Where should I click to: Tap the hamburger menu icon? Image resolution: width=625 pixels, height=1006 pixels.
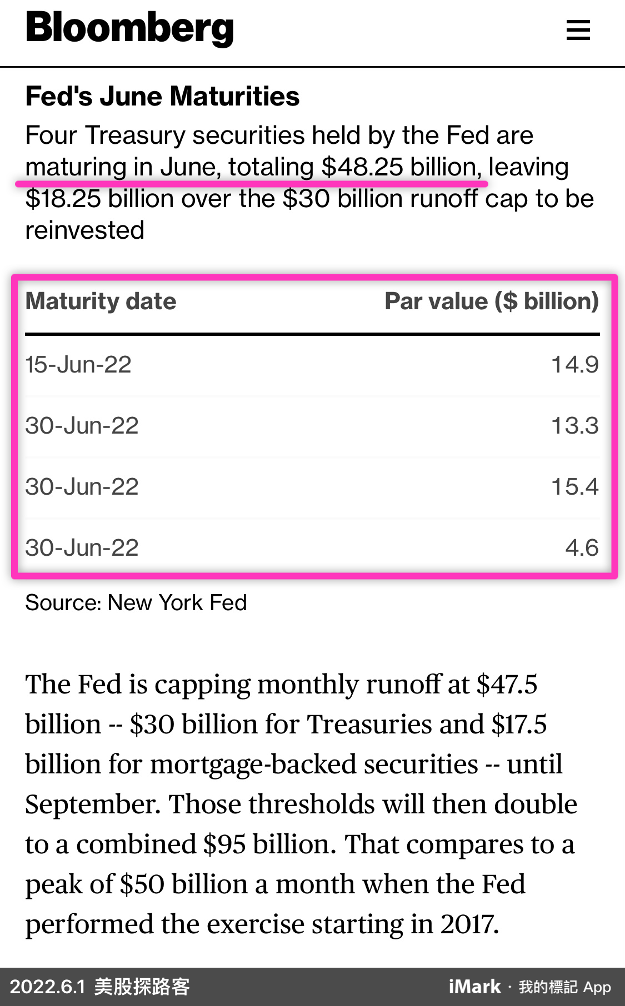point(578,30)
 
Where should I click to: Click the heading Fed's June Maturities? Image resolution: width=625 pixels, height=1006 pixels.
point(162,96)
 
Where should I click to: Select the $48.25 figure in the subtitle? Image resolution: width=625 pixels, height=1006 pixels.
point(362,167)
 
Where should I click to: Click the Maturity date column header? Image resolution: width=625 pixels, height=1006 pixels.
point(101,301)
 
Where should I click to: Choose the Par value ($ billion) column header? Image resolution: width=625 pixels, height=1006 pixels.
point(491,301)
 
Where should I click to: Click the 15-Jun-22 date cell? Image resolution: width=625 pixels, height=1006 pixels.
point(78,365)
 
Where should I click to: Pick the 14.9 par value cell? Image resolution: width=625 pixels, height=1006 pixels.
point(574,365)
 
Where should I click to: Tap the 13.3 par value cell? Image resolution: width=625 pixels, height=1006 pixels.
point(574,426)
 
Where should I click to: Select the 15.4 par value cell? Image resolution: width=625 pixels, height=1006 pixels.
point(574,487)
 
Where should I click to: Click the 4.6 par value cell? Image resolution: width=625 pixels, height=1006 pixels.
point(582,548)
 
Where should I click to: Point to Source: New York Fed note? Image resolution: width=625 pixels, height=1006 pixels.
point(136,602)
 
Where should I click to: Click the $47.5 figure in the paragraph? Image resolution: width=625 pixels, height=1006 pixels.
point(507,685)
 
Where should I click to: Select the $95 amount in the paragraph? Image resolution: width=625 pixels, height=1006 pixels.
point(224,844)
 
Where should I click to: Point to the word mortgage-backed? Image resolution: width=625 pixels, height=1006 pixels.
point(314,764)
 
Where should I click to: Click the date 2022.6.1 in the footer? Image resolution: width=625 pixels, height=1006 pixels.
point(48,987)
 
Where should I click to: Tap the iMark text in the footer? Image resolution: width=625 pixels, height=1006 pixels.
point(474,987)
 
